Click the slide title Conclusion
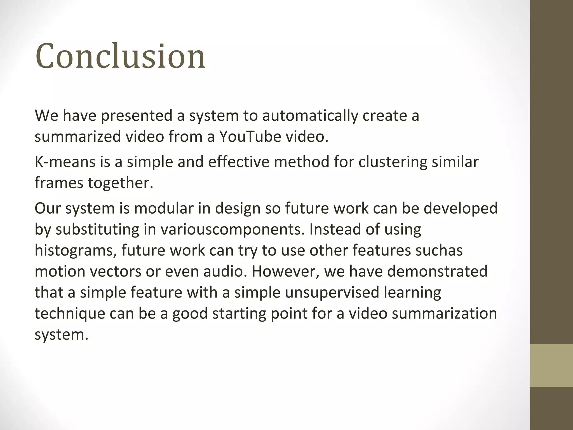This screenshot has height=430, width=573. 120,56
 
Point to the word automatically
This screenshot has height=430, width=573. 310,116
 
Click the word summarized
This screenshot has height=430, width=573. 78,137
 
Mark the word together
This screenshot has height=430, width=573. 121,183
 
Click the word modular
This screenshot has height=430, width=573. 164,208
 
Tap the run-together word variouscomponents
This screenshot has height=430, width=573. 232,230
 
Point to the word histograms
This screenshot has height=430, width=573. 76,250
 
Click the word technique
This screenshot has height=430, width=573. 70,314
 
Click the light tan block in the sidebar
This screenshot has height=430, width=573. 551,365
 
